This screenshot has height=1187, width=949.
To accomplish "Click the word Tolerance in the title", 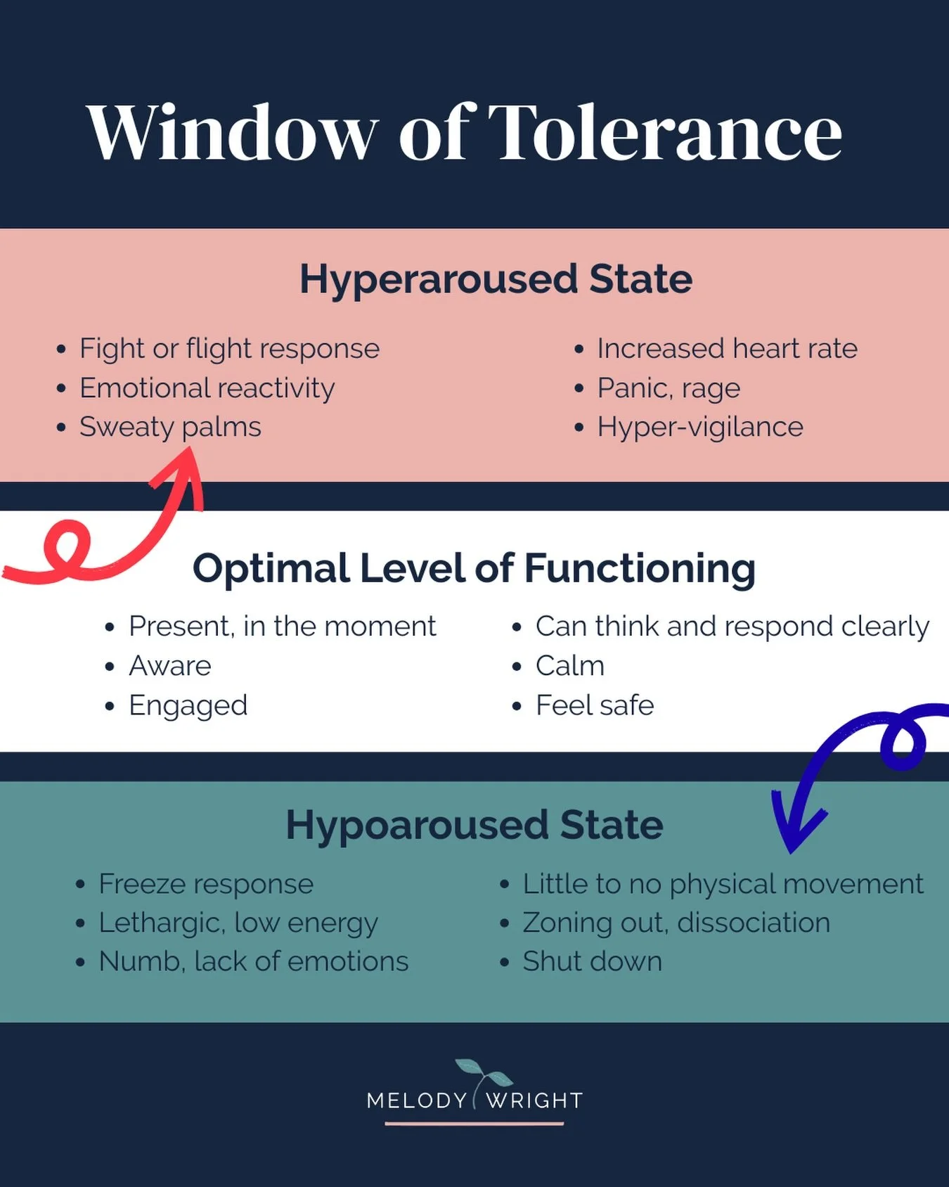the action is (x=664, y=133).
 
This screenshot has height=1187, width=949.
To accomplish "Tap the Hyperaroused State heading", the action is (x=496, y=278).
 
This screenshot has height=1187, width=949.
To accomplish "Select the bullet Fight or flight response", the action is (x=229, y=349).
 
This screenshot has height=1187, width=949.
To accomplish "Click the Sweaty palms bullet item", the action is (x=170, y=427).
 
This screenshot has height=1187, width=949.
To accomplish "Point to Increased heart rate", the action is (x=727, y=349).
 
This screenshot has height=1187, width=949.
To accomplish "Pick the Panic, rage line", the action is (x=669, y=388).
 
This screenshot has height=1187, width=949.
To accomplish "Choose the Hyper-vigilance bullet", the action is (x=699, y=427).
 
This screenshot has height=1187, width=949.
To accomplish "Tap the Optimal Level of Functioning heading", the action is (x=474, y=568).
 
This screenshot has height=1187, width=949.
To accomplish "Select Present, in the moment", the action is (x=282, y=626).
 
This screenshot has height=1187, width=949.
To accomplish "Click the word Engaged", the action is (x=188, y=705).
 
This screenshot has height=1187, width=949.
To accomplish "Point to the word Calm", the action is (x=569, y=666).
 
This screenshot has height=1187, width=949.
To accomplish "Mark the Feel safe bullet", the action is (x=594, y=705).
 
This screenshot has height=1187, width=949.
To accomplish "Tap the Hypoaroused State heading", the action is (x=474, y=825).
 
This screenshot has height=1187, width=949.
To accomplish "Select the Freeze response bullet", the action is (x=205, y=884).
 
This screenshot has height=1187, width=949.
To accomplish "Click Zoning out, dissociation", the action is (x=676, y=923).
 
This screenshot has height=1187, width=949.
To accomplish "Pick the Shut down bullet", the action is (x=592, y=961).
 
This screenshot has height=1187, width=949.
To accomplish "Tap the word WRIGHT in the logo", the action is (x=534, y=1101).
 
